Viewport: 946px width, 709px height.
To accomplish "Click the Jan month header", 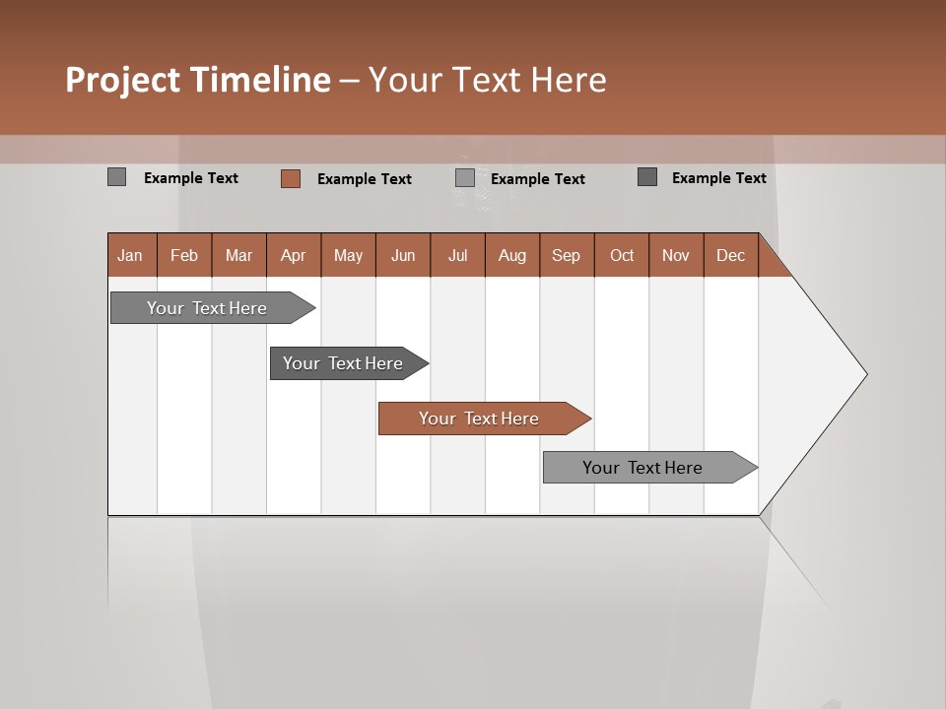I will click(x=130, y=256).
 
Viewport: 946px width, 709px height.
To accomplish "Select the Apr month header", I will click(x=293, y=256).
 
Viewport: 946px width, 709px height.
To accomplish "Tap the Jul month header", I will click(x=457, y=256).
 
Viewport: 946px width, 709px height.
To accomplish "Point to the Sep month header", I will click(x=566, y=256).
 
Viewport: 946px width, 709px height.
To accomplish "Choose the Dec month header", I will click(x=730, y=256).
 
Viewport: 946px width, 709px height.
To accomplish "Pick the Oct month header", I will click(x=621, y=256).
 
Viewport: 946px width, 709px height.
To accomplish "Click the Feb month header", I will click(x=184, y=256).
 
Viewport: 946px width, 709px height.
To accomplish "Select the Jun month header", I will click(x=403, y=256).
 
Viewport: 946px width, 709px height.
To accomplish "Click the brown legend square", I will click(x=290, y=178).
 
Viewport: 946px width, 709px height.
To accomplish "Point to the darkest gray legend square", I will click(x=647, y=177).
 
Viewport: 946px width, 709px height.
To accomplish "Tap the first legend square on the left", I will click(x=116, y=177).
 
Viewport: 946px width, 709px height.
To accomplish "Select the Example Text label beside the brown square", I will click(x=365, y=179).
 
